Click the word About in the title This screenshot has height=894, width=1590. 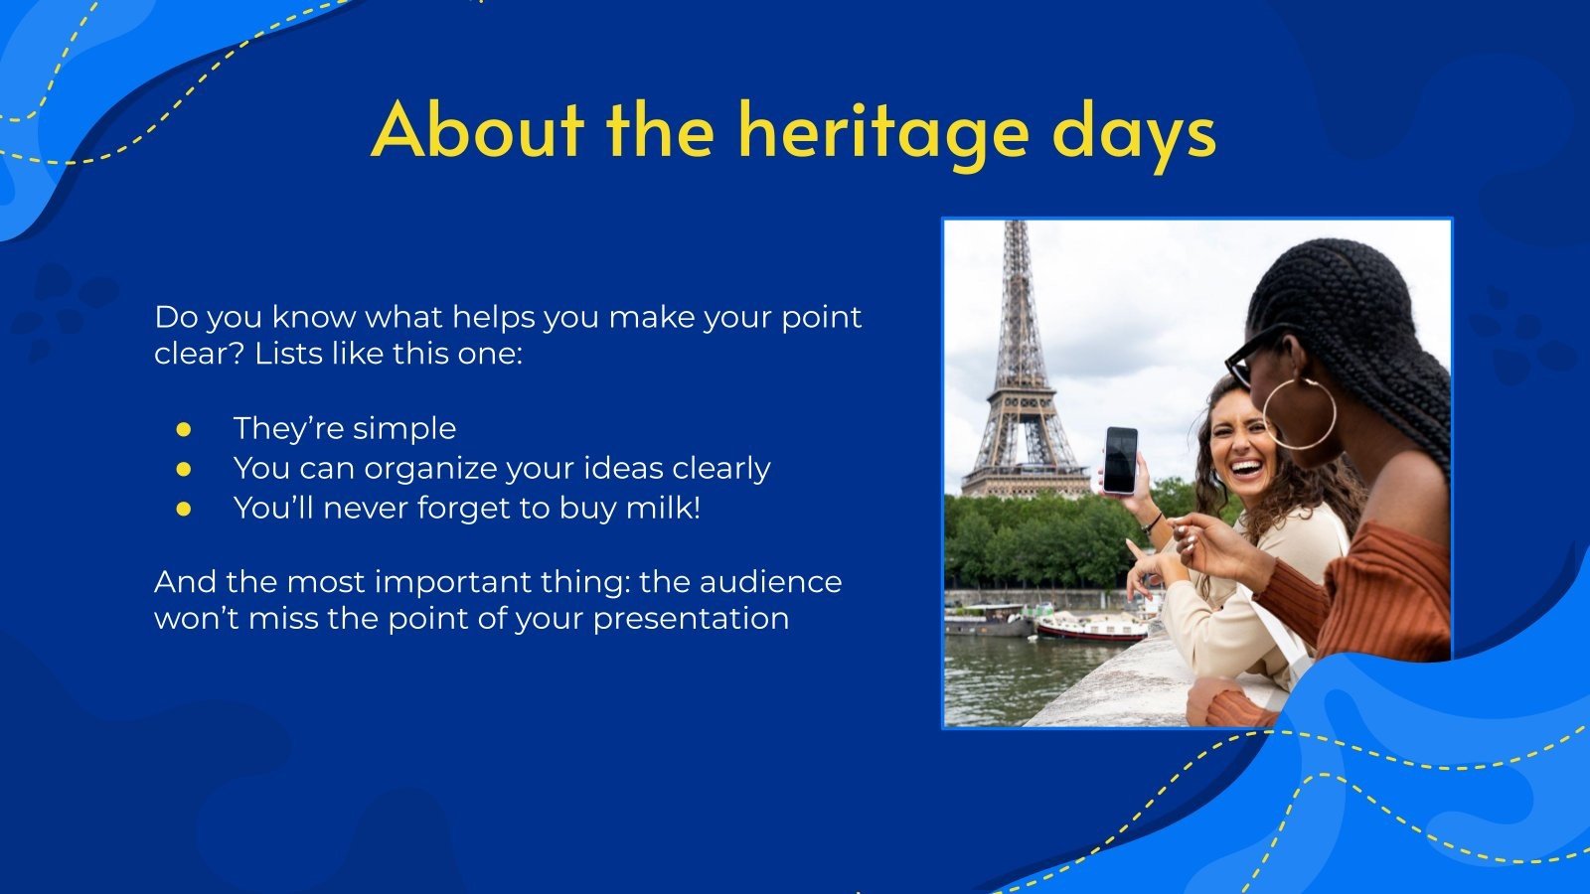pos(478,129)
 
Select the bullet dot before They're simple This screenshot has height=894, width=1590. pos(184,429)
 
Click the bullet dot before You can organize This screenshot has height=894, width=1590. pos(184,468)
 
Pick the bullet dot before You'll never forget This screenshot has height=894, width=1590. pos(184,508)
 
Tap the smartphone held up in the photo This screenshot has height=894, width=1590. pos(1120,460)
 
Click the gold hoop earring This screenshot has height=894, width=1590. pos(1299,413)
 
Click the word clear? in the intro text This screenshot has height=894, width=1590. pos(199,354)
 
